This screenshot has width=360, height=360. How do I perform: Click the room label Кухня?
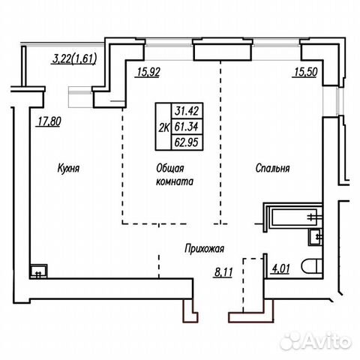pyautogui.click(x=68, y=168)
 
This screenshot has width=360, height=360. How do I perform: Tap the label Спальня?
pyautogui.click(x=272, y=168)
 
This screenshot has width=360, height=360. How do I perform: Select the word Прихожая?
pyautogui.click(x=204, y=249)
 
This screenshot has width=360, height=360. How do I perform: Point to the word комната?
pyautogui.click(x=175, y=181)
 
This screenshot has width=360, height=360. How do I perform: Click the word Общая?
pyautogui.click(x=170, y=168)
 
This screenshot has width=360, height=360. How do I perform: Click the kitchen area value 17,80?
pyautogui.click(x=49, y=121)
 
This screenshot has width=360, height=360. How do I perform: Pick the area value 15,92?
pyautogui.click(x=148, y=73)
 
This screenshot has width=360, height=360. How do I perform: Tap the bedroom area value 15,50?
pyautogui.click(x=306, y=73)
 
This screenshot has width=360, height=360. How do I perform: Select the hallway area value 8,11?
pyautogui.click(x=223, y=272)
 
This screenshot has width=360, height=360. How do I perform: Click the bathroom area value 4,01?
pyautogui.click(x=280, y=268)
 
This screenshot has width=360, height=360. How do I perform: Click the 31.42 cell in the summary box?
pyautogui.click(x=187, y=110)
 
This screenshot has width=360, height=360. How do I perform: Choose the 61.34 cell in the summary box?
pyautogui.click(x=187, y=127)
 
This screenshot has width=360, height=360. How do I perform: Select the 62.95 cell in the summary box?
pyautogui.click(x=187, y=142)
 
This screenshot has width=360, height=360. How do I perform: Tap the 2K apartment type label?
pyautogui.click(x=163, y=128)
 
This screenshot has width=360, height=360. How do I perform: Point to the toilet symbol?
pyautogui.click(x=311, y=267)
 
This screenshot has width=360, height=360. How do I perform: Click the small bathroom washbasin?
pyautogui.click(x=315, y=236)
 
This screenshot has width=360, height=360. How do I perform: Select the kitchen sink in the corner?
pyautogui.click(x=38, y=271)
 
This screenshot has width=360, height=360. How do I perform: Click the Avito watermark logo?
pyautogui.click(x=316, y=340)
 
